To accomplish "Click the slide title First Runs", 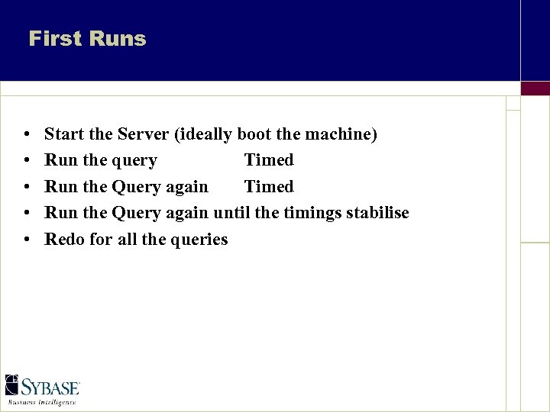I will (87, 39).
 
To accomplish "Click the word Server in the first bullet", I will (143, 134).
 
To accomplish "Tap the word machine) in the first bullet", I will (341, 134).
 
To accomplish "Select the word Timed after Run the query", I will (269, 160).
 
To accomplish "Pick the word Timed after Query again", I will (269, 187).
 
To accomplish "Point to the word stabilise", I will (377, 213).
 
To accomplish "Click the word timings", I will (312, 213).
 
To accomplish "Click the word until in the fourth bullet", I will (232, 213).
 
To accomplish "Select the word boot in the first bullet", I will (254, 134).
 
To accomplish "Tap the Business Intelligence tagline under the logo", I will (42, 401).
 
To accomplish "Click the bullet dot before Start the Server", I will (27, 135).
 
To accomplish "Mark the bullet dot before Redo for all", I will (27, 240).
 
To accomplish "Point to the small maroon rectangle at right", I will (535, 88).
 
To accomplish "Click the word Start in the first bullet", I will (64, 134).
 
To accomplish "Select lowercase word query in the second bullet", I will (134, 161).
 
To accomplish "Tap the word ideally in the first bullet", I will (204, 134).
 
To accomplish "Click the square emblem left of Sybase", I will (12, 385).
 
